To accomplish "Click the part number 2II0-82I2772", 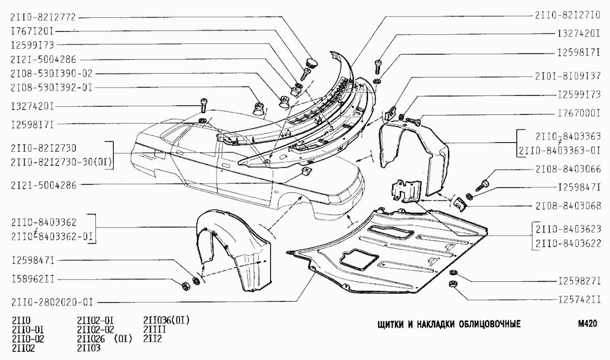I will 43,17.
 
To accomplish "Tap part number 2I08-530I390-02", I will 51,74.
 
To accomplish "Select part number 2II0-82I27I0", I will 567,16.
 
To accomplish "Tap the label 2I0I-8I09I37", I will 567,75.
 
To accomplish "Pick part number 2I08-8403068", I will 567,207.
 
